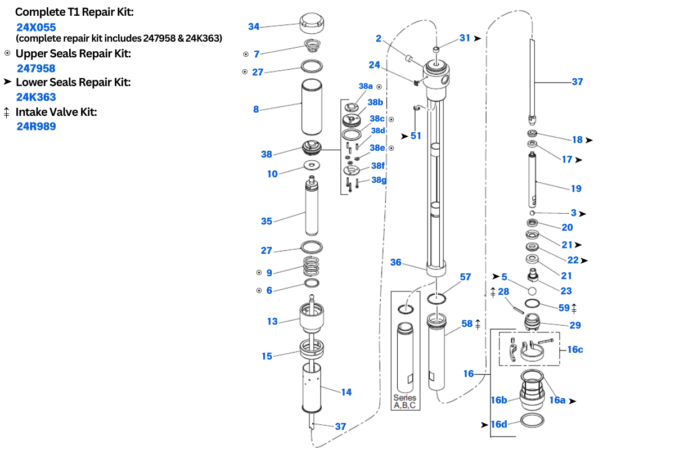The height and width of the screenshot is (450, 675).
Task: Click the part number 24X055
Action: [x=36, y=27]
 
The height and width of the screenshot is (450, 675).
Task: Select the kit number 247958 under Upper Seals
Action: [x=36, y=68]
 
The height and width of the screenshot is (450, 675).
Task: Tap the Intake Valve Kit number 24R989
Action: [x=36, y=126]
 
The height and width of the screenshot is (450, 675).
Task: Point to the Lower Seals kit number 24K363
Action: [x=36, y=97]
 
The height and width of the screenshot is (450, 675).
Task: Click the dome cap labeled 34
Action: [x=312, y=23]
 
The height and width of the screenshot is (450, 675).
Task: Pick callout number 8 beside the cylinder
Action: [x=256, y=109]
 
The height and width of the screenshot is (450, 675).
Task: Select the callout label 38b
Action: [x=375, y=102]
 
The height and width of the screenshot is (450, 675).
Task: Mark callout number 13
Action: [x=272, y=321]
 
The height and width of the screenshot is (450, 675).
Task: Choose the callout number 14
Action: [x=346, y=392]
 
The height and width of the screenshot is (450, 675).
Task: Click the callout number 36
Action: [x=395, y=262]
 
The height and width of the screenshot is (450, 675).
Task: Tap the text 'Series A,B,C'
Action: [x=404, y=402]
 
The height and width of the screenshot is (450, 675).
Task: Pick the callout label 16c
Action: [x=575, y=349]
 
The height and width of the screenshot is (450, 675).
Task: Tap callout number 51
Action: [x=416, y=136]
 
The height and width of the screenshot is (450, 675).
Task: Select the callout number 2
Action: [x=379, y=38]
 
